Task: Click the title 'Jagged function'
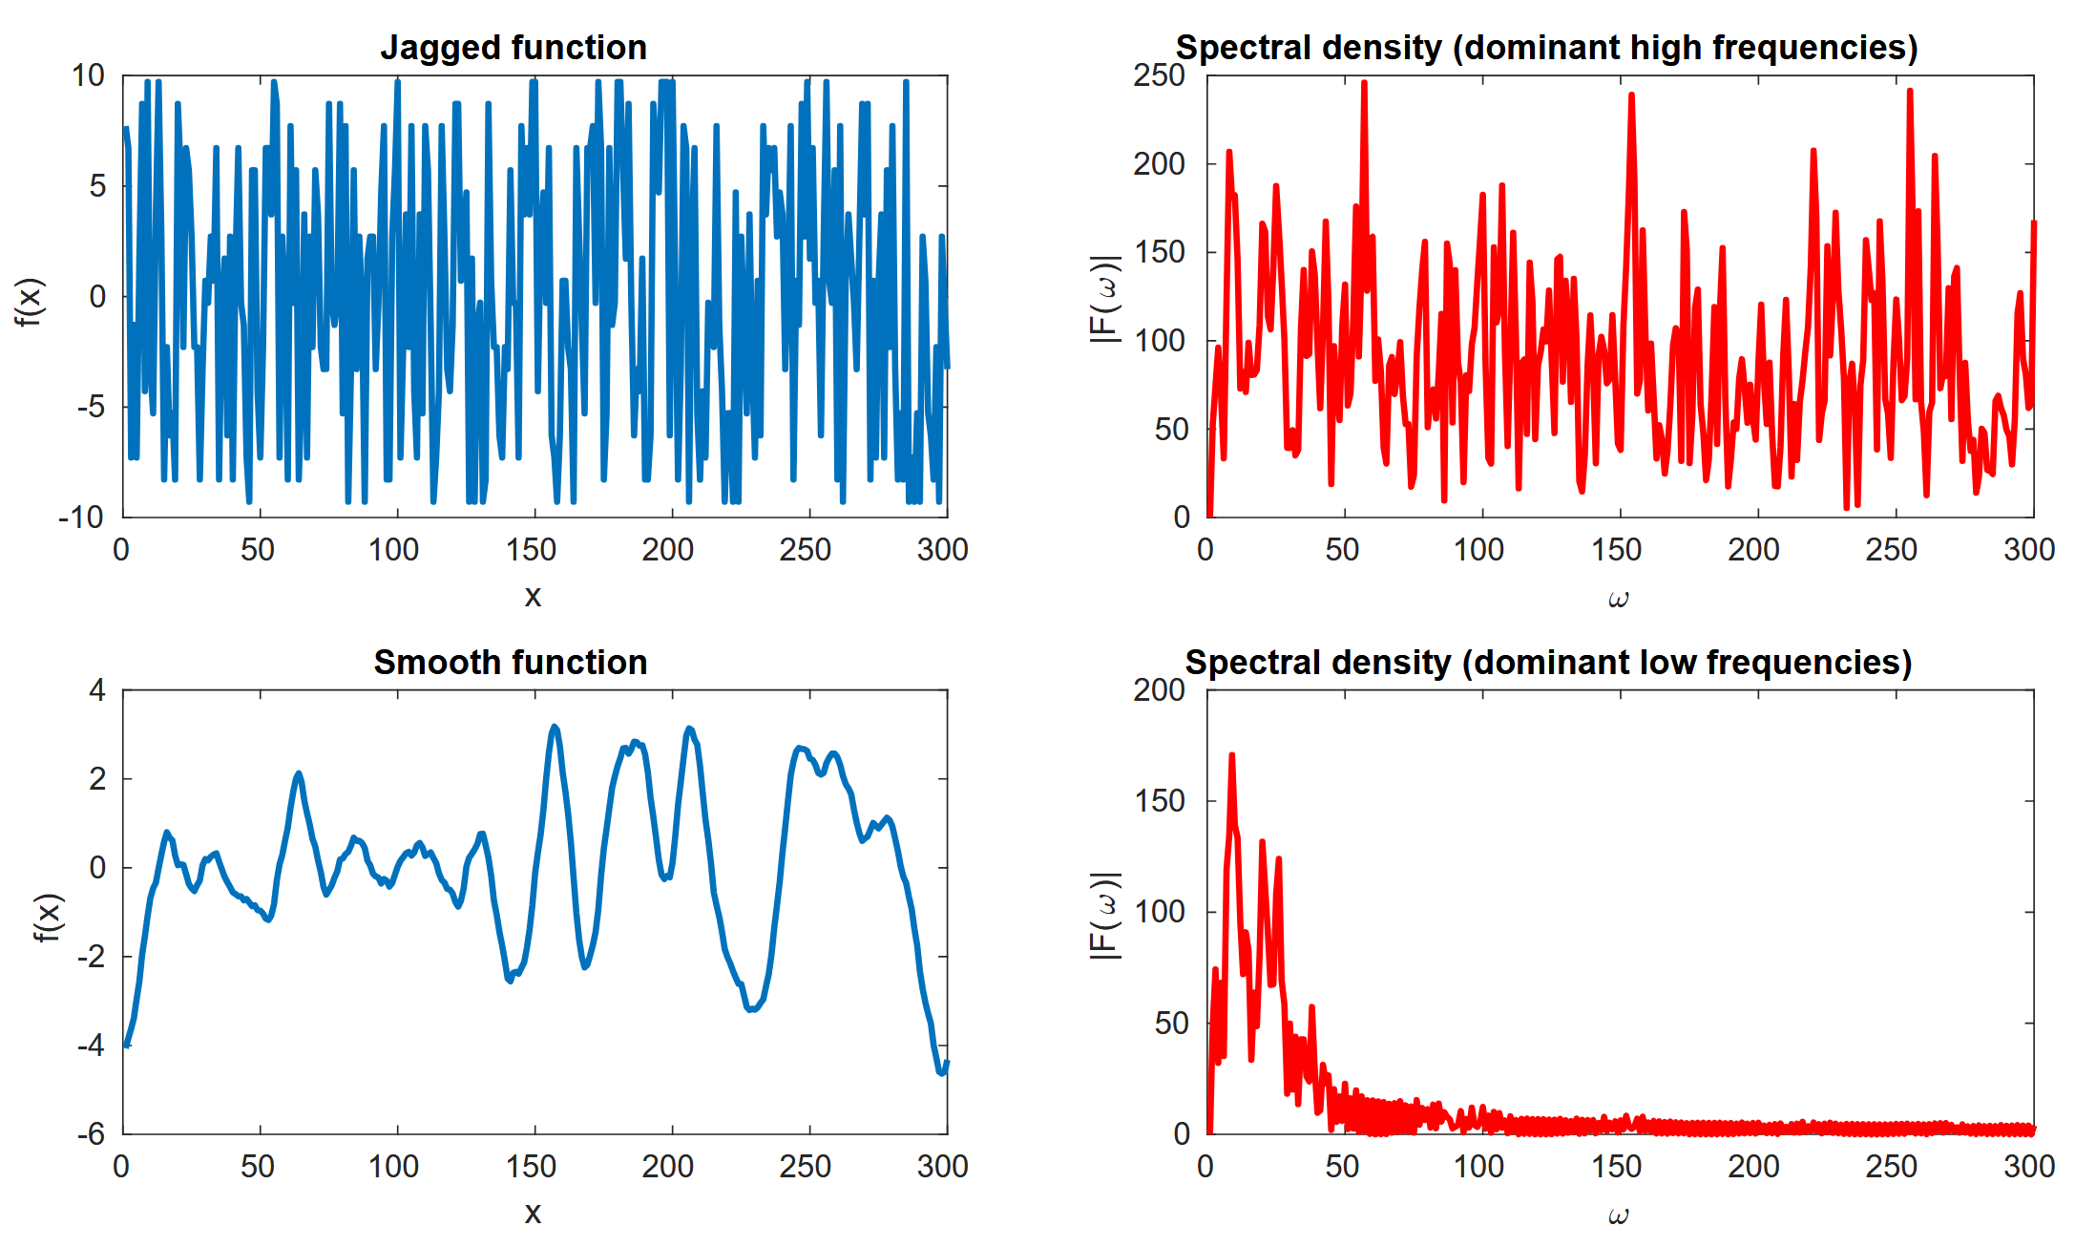click(x=514, y=48)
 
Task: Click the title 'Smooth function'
click(x=511, y=663)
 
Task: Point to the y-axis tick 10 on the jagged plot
click(x=88, y=75)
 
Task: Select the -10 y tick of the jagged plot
click(x=81, y=518)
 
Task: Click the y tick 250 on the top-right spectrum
click(x=1159, y=75)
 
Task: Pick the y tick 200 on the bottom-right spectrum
click(x=1159, y=690)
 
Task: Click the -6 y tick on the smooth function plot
click(x=91, y=1134)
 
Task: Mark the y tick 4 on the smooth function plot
click(x=97, y=690)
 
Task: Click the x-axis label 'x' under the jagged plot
click(x=533, y=597)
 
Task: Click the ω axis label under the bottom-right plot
click(x=1618, y=1215)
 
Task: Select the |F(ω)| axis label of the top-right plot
click(x=1104, y=298)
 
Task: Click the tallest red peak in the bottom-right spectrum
click(x=1231, y=755)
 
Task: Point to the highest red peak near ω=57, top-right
click(x=1364, y=83)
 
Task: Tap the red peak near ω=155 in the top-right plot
click(x=1631, y=95)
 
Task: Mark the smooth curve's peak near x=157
click(x=555, y=727)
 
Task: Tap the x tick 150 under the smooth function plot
click(x=531, y=1167)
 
